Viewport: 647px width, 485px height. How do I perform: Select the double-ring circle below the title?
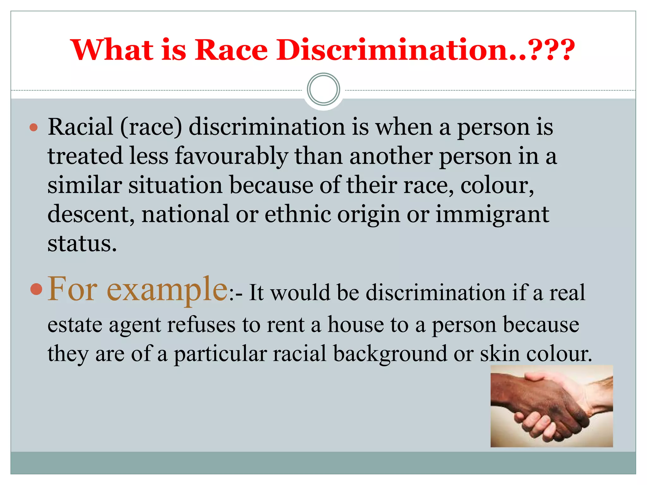323,89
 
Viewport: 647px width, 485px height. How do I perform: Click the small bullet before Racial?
33,128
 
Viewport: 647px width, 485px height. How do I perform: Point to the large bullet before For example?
36,289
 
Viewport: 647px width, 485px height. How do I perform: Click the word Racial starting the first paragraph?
81,127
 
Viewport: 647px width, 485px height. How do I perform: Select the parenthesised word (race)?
151,127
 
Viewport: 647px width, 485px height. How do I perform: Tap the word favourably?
231,156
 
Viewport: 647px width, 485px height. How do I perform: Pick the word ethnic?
298,214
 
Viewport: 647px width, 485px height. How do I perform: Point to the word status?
82,243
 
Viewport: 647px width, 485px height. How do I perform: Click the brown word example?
167,289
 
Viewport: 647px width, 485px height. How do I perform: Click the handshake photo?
552,406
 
